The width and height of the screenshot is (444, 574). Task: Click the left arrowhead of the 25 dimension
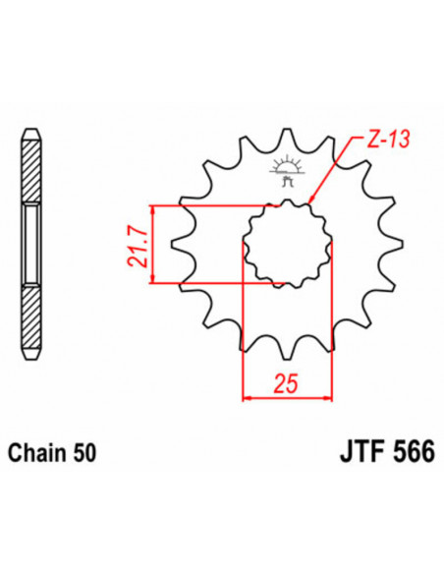point(247,398)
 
